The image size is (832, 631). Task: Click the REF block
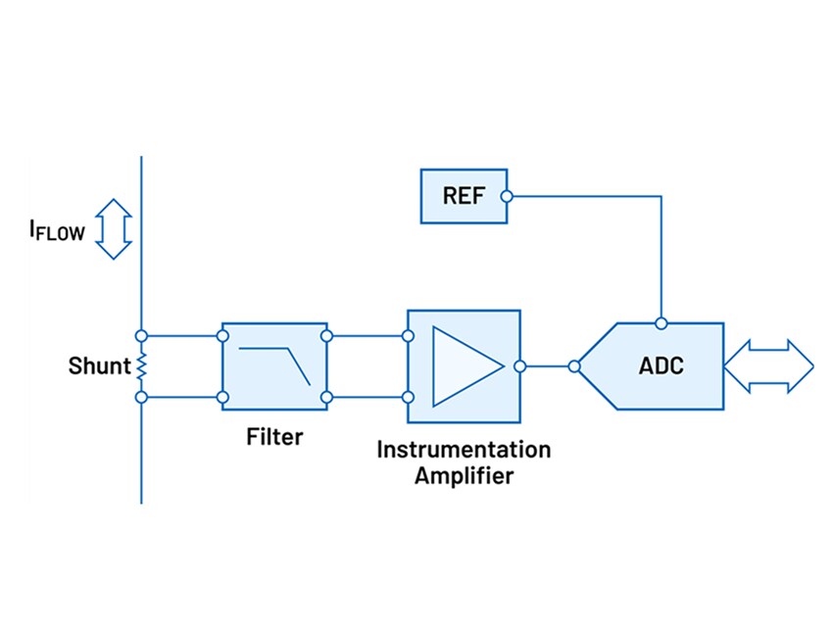[463, 196]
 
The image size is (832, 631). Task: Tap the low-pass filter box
[274, 365]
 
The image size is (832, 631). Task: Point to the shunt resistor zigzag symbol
[141, 366]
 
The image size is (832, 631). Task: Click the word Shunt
[99, 366]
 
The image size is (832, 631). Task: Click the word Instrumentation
[464, 450]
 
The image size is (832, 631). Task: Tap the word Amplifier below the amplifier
[464, 476]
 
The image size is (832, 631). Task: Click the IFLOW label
[57, 232]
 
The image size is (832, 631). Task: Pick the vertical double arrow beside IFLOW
[115, 229]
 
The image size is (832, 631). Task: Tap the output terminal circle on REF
[507, 196]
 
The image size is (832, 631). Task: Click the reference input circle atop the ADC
[661, 322]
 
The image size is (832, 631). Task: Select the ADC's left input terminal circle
[573, 366]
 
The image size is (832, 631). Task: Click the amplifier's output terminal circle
[521, 366]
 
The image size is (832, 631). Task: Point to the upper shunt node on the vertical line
[141, 335]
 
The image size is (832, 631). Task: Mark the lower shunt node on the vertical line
[141, 397]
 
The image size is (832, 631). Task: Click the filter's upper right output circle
[326, 335]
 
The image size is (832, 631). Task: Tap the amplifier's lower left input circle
[408, 397]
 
